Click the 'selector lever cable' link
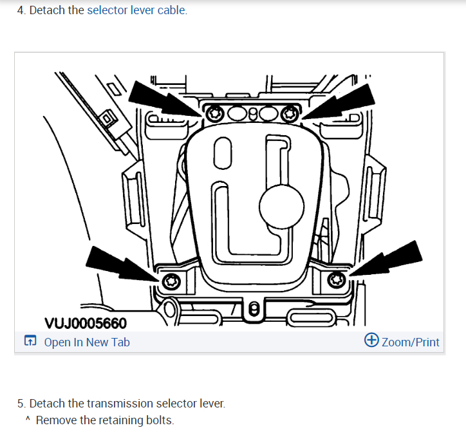pos(136,10)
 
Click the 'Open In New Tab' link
pos(86,342)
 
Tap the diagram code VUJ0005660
pos(86,322)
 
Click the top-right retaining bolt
pos(292,113)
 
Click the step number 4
pos(21,10)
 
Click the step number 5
pos(21,404)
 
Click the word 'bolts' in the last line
pos(160,420)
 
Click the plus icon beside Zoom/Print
pos(371,341)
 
